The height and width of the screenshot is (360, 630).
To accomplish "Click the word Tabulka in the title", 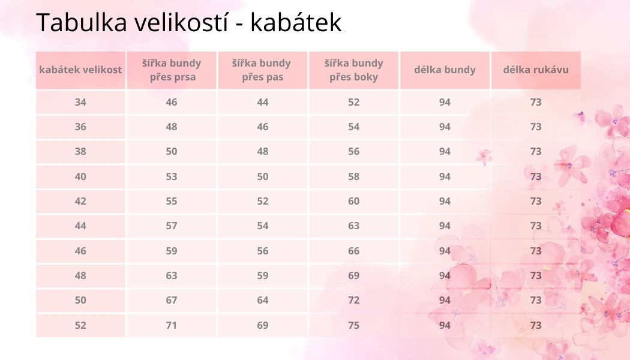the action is [82, 22].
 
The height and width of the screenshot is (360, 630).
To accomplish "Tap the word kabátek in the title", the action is [296, 22].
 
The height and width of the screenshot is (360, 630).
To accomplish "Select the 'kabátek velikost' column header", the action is [80, 70].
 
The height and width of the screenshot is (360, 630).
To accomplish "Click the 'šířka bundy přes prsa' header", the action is [172, 70].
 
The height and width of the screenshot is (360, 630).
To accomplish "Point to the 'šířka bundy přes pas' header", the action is [262, 70].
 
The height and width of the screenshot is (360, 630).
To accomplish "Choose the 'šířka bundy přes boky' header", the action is [353, 70].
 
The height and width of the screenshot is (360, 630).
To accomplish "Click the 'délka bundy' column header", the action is [445, 70].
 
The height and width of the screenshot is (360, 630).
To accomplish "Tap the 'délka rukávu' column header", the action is [536, 70].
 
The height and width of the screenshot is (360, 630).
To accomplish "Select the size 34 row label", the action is [80, 102].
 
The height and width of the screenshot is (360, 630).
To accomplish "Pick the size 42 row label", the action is [80, 201].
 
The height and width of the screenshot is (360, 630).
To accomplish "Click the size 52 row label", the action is [80, 325].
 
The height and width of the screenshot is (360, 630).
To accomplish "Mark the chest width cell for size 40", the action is [172, 176].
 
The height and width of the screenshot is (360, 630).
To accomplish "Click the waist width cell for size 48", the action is [262, 275].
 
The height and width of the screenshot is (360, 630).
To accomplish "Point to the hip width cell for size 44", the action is [353, 226].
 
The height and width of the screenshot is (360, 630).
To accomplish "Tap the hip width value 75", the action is [353, 325].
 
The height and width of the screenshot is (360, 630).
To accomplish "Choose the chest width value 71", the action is [172, 325].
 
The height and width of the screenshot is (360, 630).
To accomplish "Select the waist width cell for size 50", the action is [262, 300].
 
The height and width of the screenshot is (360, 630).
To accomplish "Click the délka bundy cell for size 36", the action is [445, 127].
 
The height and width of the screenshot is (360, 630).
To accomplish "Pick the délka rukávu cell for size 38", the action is [536, 151].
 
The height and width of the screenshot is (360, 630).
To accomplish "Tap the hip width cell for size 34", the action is [353, 102].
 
